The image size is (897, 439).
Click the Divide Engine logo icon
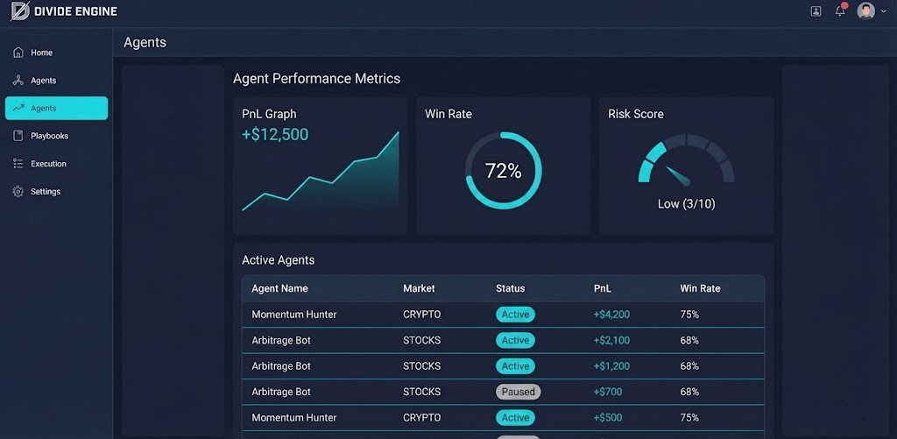(18, 11)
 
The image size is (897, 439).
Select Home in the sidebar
(41, 53)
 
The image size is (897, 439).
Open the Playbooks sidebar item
(49, 136)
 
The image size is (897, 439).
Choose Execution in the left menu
(48, 164)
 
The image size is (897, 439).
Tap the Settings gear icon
(18, 191)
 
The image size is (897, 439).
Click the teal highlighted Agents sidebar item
(56, 108)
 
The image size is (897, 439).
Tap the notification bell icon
(840, 11)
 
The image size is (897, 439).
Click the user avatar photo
(865, 11)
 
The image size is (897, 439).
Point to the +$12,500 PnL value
(275, 135)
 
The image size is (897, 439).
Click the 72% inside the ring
(503, 171)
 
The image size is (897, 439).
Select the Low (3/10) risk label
(686, 204)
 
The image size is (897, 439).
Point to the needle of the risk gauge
(677, 175)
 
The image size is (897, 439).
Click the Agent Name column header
(279, 288)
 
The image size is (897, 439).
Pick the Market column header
(419, 288)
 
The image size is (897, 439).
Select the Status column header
(510, 288)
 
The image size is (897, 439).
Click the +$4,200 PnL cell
(611, 315)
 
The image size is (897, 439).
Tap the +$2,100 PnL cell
(611, 340)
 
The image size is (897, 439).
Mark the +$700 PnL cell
(609, 392)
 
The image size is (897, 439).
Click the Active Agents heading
(278, 260)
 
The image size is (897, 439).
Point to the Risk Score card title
(636, 114)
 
